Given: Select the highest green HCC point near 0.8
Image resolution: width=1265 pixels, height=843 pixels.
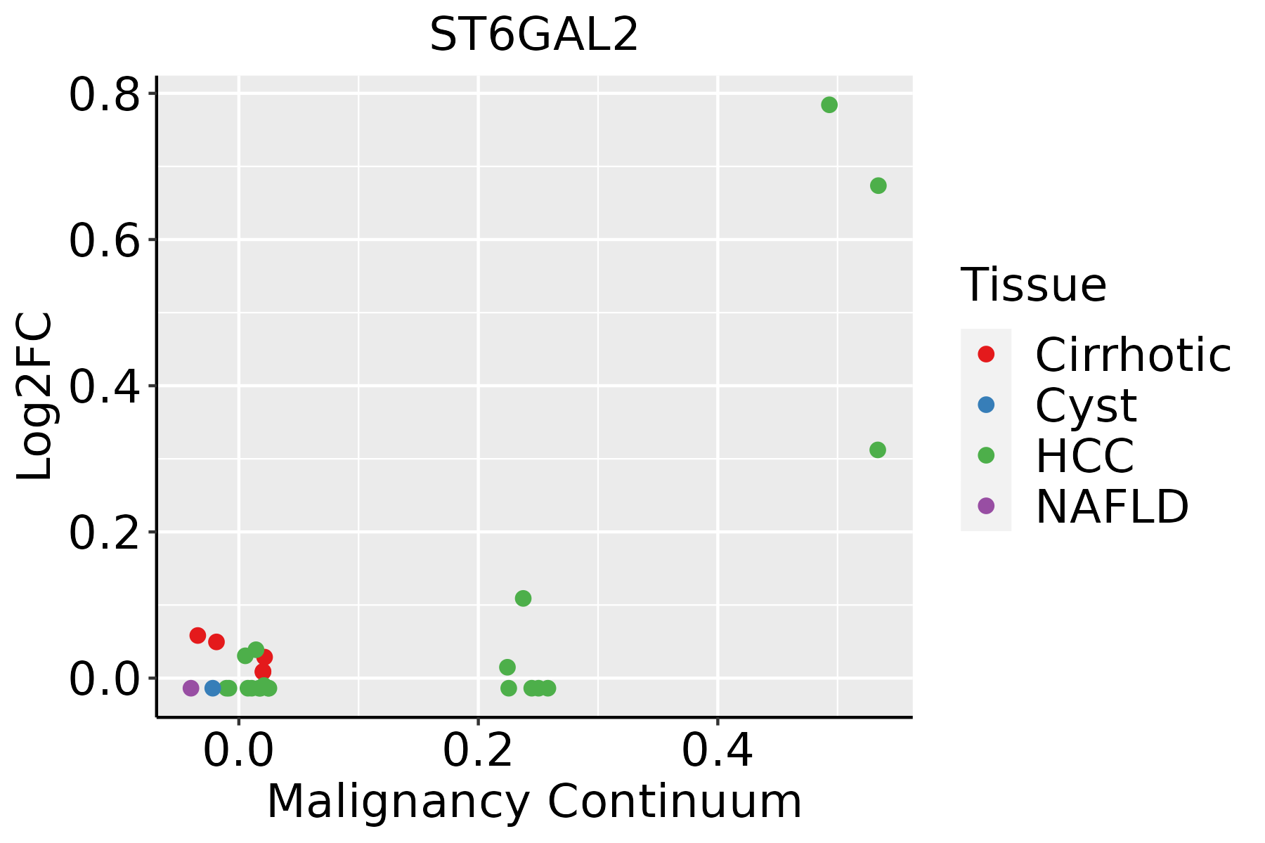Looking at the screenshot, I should click(x=829, y=105).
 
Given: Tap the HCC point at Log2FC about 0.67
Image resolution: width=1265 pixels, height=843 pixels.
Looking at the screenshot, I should click(x=878, y=185).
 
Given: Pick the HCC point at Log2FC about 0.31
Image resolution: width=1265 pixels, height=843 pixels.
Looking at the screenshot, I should click(x=878, y=450).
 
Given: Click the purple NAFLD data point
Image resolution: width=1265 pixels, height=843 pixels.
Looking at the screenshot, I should click(x=190, y=688).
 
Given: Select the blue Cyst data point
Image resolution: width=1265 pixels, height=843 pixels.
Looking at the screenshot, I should click(x=213, y=688).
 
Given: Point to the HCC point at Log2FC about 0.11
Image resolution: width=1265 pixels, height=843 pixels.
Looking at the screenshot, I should click(x=523, y=599).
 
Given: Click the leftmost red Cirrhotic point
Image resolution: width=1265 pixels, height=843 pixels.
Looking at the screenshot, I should click(x=197, y=636).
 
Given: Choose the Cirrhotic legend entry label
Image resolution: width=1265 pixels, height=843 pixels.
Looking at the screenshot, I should click(x=1132, y=355).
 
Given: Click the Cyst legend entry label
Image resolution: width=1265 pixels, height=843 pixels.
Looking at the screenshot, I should click(x=1086, y=405).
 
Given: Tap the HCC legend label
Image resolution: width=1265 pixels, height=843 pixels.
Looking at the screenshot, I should click(x=1084, y=456).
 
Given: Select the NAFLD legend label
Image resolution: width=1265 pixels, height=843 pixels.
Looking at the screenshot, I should click(x=1112, y=507).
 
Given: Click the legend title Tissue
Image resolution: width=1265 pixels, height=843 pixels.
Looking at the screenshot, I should click(x=1033, y=285).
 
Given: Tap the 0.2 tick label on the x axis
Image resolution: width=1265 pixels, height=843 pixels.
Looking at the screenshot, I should click(x=478, y=751).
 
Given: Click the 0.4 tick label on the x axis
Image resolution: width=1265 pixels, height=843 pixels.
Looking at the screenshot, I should click(x=718, y=751).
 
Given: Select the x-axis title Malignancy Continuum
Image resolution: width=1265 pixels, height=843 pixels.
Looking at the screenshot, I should click(x=534, y=802).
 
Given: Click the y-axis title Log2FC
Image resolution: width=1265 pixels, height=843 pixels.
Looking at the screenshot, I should click(x=35, y=396).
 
